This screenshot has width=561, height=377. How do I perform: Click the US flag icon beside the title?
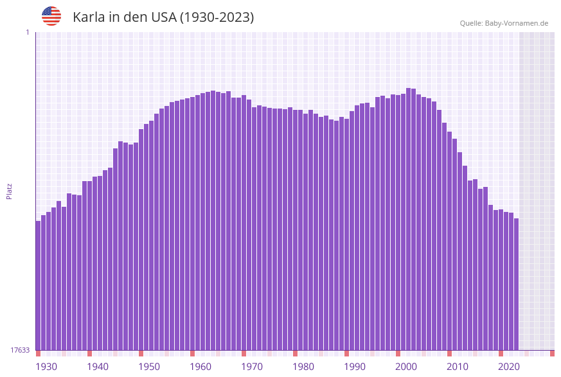(51, 16)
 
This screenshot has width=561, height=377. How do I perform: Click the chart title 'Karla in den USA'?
(163, 17)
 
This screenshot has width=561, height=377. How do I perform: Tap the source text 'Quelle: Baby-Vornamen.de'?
(504, 23)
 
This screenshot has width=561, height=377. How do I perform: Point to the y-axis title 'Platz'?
(10, 191)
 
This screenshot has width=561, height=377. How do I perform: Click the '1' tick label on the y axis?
(27, 32)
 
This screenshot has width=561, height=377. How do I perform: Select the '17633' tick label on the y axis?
(20, 350)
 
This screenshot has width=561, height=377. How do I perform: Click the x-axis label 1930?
(46, 367)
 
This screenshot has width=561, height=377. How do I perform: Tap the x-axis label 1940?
(98, 367)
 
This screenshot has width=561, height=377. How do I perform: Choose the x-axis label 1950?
(149, 367)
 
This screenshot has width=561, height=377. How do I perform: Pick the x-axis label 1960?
(200, 367)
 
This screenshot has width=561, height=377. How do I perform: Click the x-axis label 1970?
(252, 367)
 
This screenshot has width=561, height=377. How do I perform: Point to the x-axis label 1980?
(303, 367)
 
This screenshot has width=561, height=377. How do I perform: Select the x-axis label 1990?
(355, 367)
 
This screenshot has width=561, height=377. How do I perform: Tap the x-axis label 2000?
(406, 367)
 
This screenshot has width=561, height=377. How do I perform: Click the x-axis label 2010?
(458, 367)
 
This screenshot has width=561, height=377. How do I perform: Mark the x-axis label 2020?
(509, 367)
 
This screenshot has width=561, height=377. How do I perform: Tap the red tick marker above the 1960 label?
(192, 353)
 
